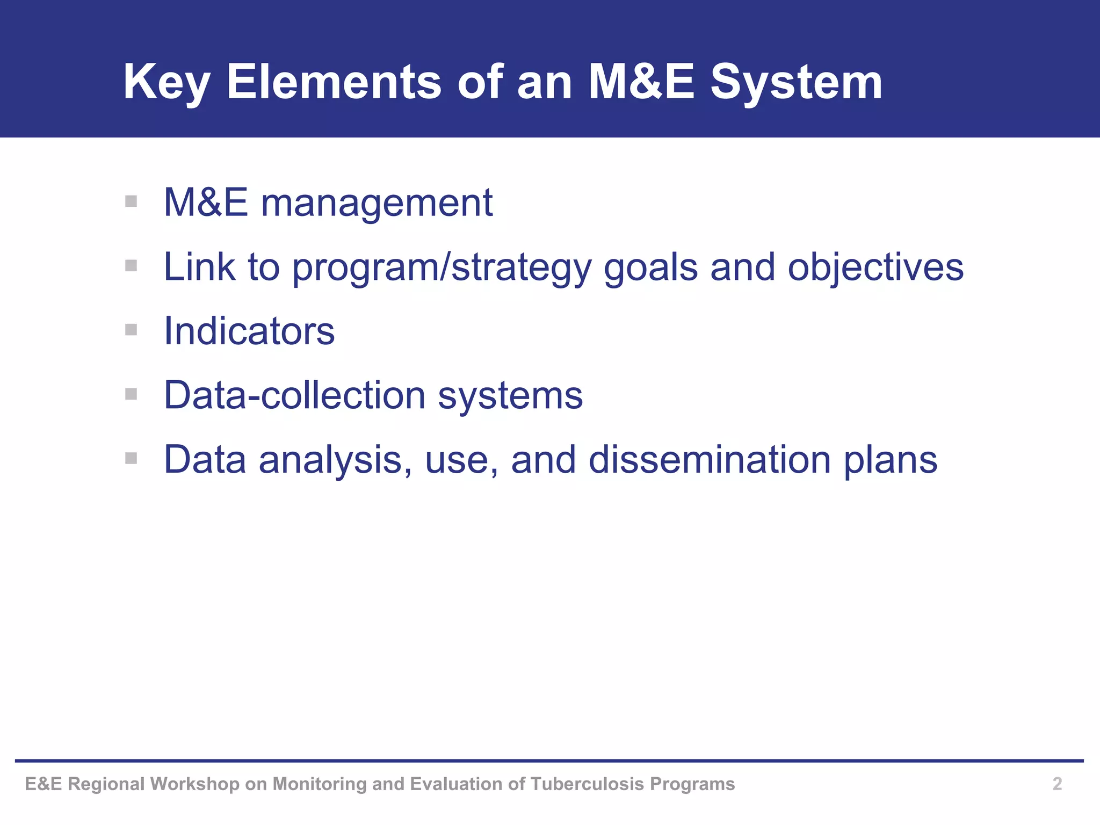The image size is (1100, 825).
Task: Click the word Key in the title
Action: click(x=166, y=83)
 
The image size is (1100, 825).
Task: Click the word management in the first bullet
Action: click(x=377, y=203)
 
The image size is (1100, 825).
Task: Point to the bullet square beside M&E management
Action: click(x=131, y=201)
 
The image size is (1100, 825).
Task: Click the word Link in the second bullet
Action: click(x=199, y=267)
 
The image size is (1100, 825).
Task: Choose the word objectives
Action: click(x=875, y=268)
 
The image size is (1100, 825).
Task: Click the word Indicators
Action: click(x=249, y=331)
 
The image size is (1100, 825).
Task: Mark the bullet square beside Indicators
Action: click(x=131, y=330)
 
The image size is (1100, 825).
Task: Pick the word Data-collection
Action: click(x=294, y=395)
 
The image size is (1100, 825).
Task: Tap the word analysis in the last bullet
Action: click(x=335, y=460)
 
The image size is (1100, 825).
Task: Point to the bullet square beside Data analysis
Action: click(x=131, y=458)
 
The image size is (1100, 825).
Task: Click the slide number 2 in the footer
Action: click(x=1057, y=784)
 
